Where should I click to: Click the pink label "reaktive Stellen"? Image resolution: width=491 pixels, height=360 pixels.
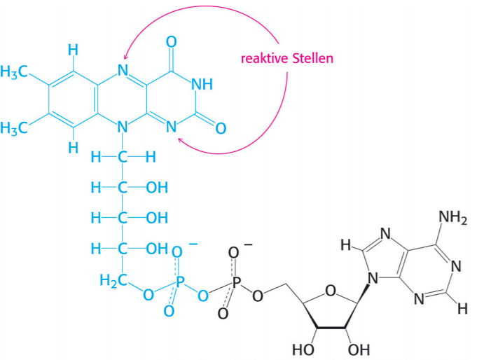(x=287, y=57)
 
